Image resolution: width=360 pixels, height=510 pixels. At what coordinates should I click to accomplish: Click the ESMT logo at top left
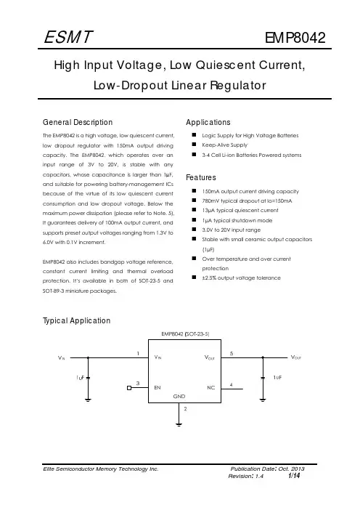coord(68,37)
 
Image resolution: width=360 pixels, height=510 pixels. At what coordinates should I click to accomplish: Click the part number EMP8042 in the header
coord(295,38)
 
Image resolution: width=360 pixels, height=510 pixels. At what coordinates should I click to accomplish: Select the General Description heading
coord(78,122)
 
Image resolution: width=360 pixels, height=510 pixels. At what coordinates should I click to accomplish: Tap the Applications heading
coord(208,122)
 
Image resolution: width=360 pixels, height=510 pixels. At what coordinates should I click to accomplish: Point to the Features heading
coord(201,177)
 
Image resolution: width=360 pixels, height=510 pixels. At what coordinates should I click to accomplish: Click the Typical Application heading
coord(77,320)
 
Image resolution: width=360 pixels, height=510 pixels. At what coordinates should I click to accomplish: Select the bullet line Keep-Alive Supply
coord(224,145)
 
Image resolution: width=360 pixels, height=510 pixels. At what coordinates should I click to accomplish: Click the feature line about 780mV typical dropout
coord(247,201)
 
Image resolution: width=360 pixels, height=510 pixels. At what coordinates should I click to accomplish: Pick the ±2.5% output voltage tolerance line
coord(241,278)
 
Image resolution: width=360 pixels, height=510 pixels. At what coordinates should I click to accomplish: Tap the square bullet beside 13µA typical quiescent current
coord(194,210)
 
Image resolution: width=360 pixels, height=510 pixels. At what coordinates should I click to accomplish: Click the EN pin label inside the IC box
coord(157,388)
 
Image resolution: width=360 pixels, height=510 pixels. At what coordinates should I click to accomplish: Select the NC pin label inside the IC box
coord(211,388)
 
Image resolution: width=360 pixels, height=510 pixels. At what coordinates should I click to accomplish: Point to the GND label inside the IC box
coord(179,396)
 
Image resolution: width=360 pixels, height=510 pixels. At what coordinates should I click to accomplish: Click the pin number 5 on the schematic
coord(232,353)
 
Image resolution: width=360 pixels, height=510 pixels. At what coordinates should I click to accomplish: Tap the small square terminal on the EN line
coord(129,388)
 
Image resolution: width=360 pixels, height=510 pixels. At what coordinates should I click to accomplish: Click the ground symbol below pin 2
coord(179,424)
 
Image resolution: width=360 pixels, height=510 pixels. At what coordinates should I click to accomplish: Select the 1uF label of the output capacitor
coord(277,377)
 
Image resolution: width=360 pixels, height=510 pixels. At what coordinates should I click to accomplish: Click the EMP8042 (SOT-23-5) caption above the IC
coord(185,334)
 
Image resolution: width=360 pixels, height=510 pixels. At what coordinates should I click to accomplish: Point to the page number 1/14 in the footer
coord(294,476)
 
